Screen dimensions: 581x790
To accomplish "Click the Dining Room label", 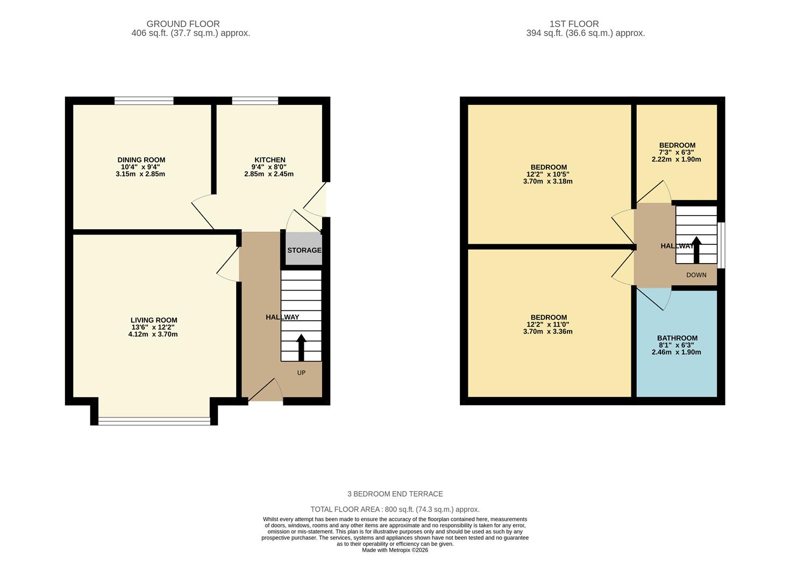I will (141, 160).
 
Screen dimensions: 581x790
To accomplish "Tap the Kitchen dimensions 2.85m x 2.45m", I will (269, 174).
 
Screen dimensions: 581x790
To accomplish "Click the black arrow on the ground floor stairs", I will (301, 347).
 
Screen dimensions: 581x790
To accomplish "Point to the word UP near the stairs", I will (301, 373).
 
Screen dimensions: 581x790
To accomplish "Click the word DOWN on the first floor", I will (696, 275).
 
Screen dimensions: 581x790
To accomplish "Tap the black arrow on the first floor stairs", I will (696, 250).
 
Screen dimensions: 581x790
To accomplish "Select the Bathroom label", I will (677, 338).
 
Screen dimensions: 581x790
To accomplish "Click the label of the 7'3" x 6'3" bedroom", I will (677, 145).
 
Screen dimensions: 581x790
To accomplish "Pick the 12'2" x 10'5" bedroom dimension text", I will (547, 174).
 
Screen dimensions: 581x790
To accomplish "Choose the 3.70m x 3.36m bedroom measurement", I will (547, 331).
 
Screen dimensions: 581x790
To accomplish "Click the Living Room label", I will (154, 320).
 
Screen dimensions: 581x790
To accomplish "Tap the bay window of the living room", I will (154, 421).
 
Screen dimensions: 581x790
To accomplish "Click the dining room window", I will (144, 101).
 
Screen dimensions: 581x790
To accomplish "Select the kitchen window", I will (255, 101).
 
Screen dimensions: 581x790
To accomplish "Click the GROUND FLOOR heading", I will (183, 24).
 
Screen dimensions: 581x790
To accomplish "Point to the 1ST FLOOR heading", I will (574, 24).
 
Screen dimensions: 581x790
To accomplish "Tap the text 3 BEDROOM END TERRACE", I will (395, 494).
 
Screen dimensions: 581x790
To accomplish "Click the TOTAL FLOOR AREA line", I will (395, 509).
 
